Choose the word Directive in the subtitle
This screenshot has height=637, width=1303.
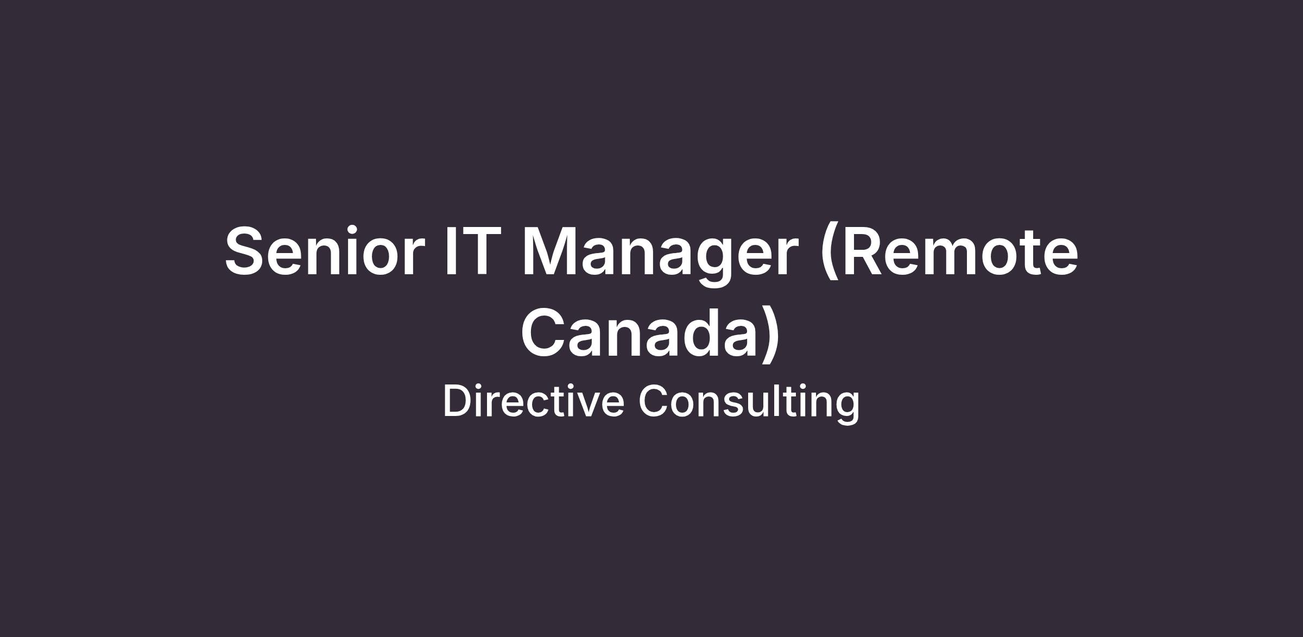pyautogui.click(x=533, y=401)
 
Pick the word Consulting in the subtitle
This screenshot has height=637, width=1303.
pyautogui.click(x=749, y=403)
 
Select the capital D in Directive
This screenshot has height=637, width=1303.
pyautogui.click(x=459, y=401)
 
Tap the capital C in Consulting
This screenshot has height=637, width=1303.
pyautogui.click(x=654, y=401)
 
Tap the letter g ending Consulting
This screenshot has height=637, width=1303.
pyautogui.click(x=847, y=409)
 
